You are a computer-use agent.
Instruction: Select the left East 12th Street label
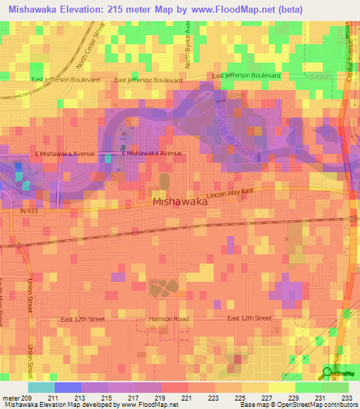click(x=82, y=319)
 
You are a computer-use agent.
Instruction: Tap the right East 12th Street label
click(x=249, y=318)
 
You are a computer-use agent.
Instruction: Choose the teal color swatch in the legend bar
click(x=41, y=387)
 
